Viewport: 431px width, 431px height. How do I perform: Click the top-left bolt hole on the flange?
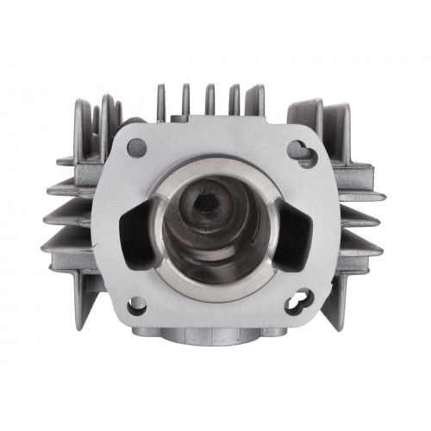pyautogui.click(x=136, y=147)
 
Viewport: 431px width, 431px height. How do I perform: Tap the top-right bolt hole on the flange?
pyautogui.click(x=297, y=148)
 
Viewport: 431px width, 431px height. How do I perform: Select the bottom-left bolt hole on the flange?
pyautogui.click(x=136, y=304)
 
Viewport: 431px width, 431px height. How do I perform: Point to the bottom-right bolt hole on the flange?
pyautogui.click(x=295, y=303)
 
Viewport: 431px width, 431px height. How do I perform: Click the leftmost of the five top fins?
pyautogui.click(x=161, y=102)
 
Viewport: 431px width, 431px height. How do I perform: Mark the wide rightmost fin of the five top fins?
pyautogui.click(x=253, y=100)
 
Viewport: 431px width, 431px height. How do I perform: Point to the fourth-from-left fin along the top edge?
pyautogui.click(x=232, y=98)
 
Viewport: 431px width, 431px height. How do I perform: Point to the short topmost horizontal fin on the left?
pyautogui.click(x=66, y=160)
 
